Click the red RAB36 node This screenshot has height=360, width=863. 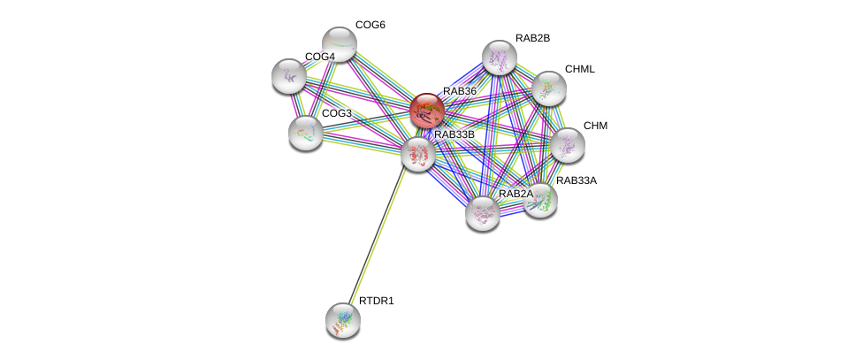coord(426,111)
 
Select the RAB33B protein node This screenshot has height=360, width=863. coord(417,154)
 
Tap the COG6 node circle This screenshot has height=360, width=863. coord(339,42)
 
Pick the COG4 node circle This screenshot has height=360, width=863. coord(288,76)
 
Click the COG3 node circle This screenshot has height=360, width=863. coord(306,133)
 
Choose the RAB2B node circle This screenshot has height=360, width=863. coord(499,57)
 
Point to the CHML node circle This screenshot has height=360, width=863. coord(548,88)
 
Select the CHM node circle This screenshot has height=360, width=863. coord(567,145)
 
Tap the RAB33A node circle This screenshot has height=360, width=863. coord(540,200)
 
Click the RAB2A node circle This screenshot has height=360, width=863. coord(483,212)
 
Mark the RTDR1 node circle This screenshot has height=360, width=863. coord(342,320)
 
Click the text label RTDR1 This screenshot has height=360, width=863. coord(376,301)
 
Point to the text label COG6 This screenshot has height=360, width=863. coord(370,25)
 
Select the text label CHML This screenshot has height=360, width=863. coord(580,69)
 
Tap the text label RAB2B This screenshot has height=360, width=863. coord(532,38)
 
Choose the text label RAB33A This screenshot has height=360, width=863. coord(576,180)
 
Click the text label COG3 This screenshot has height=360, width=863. coord(336,113)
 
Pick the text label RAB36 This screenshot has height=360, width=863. coord(460,91)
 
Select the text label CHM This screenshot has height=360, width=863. coord(595,126)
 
